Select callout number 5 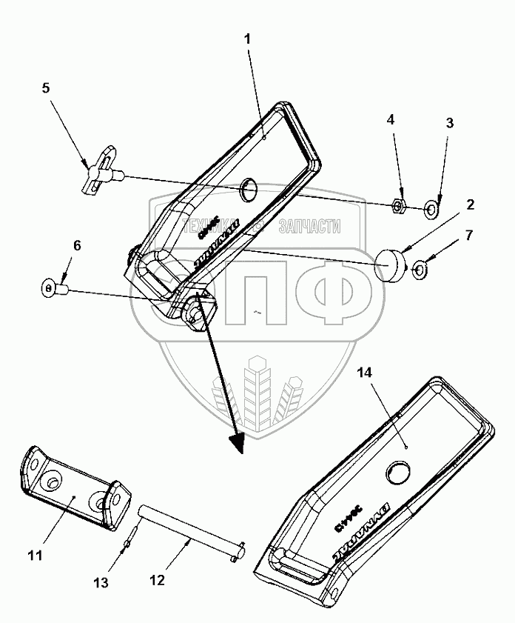(46, 87)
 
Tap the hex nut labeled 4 (397, 204)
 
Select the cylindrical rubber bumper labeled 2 (391, 263)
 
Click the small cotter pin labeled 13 (129, 544)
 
